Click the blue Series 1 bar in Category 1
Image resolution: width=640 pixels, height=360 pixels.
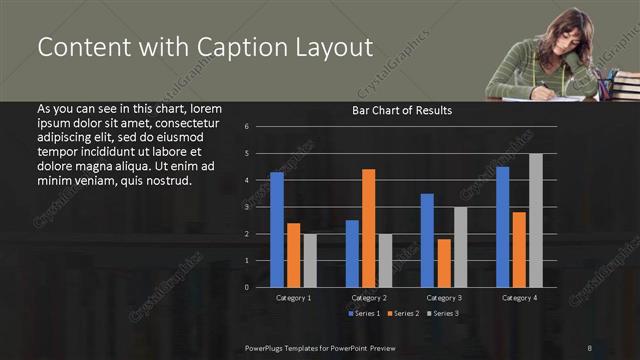click(277, 230)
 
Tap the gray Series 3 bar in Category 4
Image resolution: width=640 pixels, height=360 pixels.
click(535, 220)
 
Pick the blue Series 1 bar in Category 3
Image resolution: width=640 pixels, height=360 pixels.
click(427, 240)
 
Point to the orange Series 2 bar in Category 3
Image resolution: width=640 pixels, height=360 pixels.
click(444, 263)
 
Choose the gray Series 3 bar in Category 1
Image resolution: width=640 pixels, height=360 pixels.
click(310, 260)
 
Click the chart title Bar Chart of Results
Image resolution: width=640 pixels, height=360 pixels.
click(402, 110)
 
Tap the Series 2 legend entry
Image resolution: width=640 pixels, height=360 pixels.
click(403, 314)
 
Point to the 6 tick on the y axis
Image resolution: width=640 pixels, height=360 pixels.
click(260, 127)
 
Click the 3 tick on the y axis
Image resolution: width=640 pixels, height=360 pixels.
click(260, 207)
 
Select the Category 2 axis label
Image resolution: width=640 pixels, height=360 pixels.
click(368, 298)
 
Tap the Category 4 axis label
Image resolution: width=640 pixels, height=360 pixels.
click(518, 298)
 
